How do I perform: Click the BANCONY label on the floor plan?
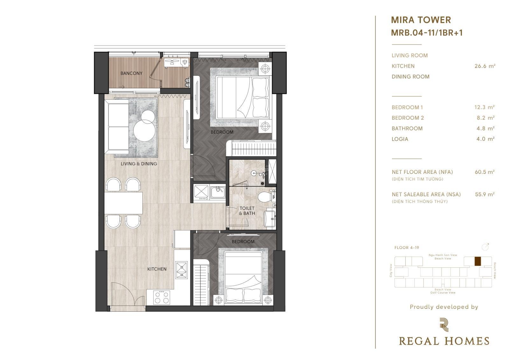click(131, 73)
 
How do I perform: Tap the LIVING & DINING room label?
click(139, 164)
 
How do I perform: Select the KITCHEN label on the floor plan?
click(157, 269)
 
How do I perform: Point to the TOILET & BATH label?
click(247, 211)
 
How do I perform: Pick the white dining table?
click(123, 203)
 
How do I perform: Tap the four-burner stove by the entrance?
click(162, 298)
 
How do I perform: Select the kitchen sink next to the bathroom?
click(218, 192)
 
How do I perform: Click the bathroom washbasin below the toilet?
click(269, 219)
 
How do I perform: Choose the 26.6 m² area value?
click(485, 66)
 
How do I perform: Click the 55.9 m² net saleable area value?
click(485, 194)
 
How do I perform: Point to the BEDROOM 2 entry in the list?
click(408, 118)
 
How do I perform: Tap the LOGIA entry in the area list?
click(400, 139)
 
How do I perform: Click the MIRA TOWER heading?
click(421, 20)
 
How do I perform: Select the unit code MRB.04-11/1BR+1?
click(427, 33)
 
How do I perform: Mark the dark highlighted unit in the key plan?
click(478, 261)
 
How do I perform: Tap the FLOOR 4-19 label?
click(407, 248)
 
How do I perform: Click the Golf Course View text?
click(443, 293)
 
